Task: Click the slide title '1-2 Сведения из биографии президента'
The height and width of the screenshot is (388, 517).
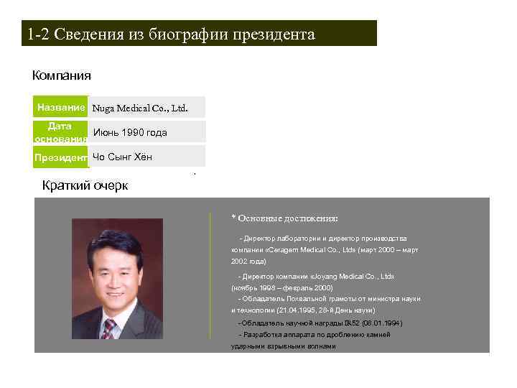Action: click(x=171, y=34)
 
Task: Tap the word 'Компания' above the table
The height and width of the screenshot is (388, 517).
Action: click(x=62, y=75)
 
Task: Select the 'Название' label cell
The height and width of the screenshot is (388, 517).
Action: click(x=61, y=108)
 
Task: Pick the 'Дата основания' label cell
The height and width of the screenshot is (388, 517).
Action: click(x=60, y=131)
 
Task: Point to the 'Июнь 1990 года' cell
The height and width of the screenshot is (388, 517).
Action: click(x=130, y=132)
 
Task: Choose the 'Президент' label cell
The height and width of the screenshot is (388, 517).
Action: click(x=61, y=157)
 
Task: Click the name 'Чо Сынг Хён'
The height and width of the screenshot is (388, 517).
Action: click(x=122, y=157)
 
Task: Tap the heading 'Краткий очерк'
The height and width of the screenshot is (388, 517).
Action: click(x=85, y=186)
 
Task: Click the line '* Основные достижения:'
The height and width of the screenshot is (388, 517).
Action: click(x=284, y=218)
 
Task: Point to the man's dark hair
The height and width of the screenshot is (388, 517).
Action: click(x=115, y=241)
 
